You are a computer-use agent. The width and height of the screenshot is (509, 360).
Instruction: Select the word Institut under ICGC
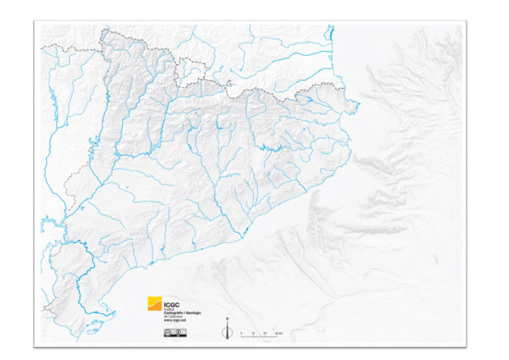pos(169,310)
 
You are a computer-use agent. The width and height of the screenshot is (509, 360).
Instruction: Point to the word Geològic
pos(192,313)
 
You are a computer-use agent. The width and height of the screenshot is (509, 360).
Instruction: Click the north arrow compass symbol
pos(227,331)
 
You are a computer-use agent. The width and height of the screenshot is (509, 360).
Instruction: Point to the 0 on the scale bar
pos(241,332)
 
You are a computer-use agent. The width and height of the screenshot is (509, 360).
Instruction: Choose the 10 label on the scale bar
pos(253,332)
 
